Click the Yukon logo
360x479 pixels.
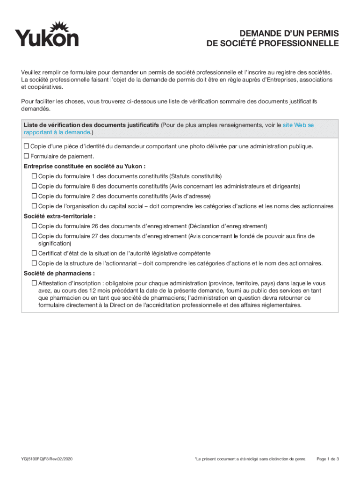[47, 34]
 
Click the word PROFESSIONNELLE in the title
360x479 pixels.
[306, 44]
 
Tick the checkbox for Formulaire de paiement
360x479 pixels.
[27, 156]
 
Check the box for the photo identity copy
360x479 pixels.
[27, 146]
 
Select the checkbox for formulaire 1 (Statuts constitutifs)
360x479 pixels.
[34, 176]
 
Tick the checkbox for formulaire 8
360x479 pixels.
[34, 186]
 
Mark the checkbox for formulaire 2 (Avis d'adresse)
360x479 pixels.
[34, 196]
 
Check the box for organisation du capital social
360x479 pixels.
[34, 206]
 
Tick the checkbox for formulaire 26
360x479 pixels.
[34, 226]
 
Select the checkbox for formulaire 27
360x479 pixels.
[34, 236]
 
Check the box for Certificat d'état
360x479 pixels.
[34, 253]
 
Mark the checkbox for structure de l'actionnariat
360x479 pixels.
[34, 263]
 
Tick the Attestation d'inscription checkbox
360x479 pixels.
[34, 283]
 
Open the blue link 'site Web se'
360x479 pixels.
[298, 125]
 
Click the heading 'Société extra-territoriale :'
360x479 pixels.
[59, 216]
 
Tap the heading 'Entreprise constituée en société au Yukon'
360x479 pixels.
[84, 166]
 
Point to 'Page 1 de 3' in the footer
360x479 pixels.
[327, 459]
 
